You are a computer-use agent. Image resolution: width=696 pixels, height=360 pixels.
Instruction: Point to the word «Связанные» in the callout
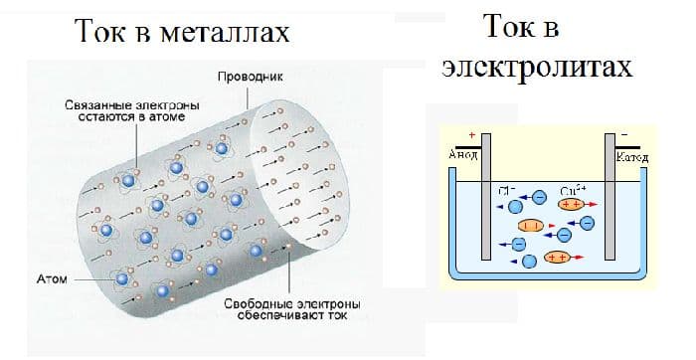(x=92, y=103)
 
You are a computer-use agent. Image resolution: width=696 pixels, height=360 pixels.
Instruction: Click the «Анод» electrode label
(x=465, y=155)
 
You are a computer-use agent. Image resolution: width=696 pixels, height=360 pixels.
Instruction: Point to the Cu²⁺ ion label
(x=573, y=189)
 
